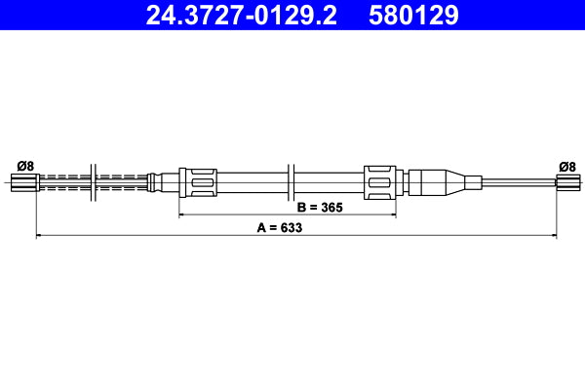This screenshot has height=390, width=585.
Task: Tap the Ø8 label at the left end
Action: pyautogui.click(x=25, y=166)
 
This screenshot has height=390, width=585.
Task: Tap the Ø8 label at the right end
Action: pyautogui.click(x=566, y=166)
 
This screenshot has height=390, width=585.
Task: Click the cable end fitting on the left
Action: pyautogui.click(x=23, y=181)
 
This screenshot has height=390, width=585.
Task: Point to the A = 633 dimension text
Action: pyautogui.click(x=280, y=227)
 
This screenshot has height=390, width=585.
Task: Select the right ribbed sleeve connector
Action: pyautogui.click(x=379, y=181)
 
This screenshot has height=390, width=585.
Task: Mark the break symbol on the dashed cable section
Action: pyautogui.click(x=92, y=181)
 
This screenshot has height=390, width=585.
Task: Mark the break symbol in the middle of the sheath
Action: pyautogui.click(x=292, y=181)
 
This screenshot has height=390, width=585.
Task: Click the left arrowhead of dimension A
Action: pyautogui.click(x=39, y=235)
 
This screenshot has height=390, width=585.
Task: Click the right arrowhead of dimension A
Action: pyautogui.click(x=553, y=235)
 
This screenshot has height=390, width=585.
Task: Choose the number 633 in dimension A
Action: pyautogui.click(x=290, y=227)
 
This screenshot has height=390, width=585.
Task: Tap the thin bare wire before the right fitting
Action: pyautogui.click(x=522, y=181)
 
